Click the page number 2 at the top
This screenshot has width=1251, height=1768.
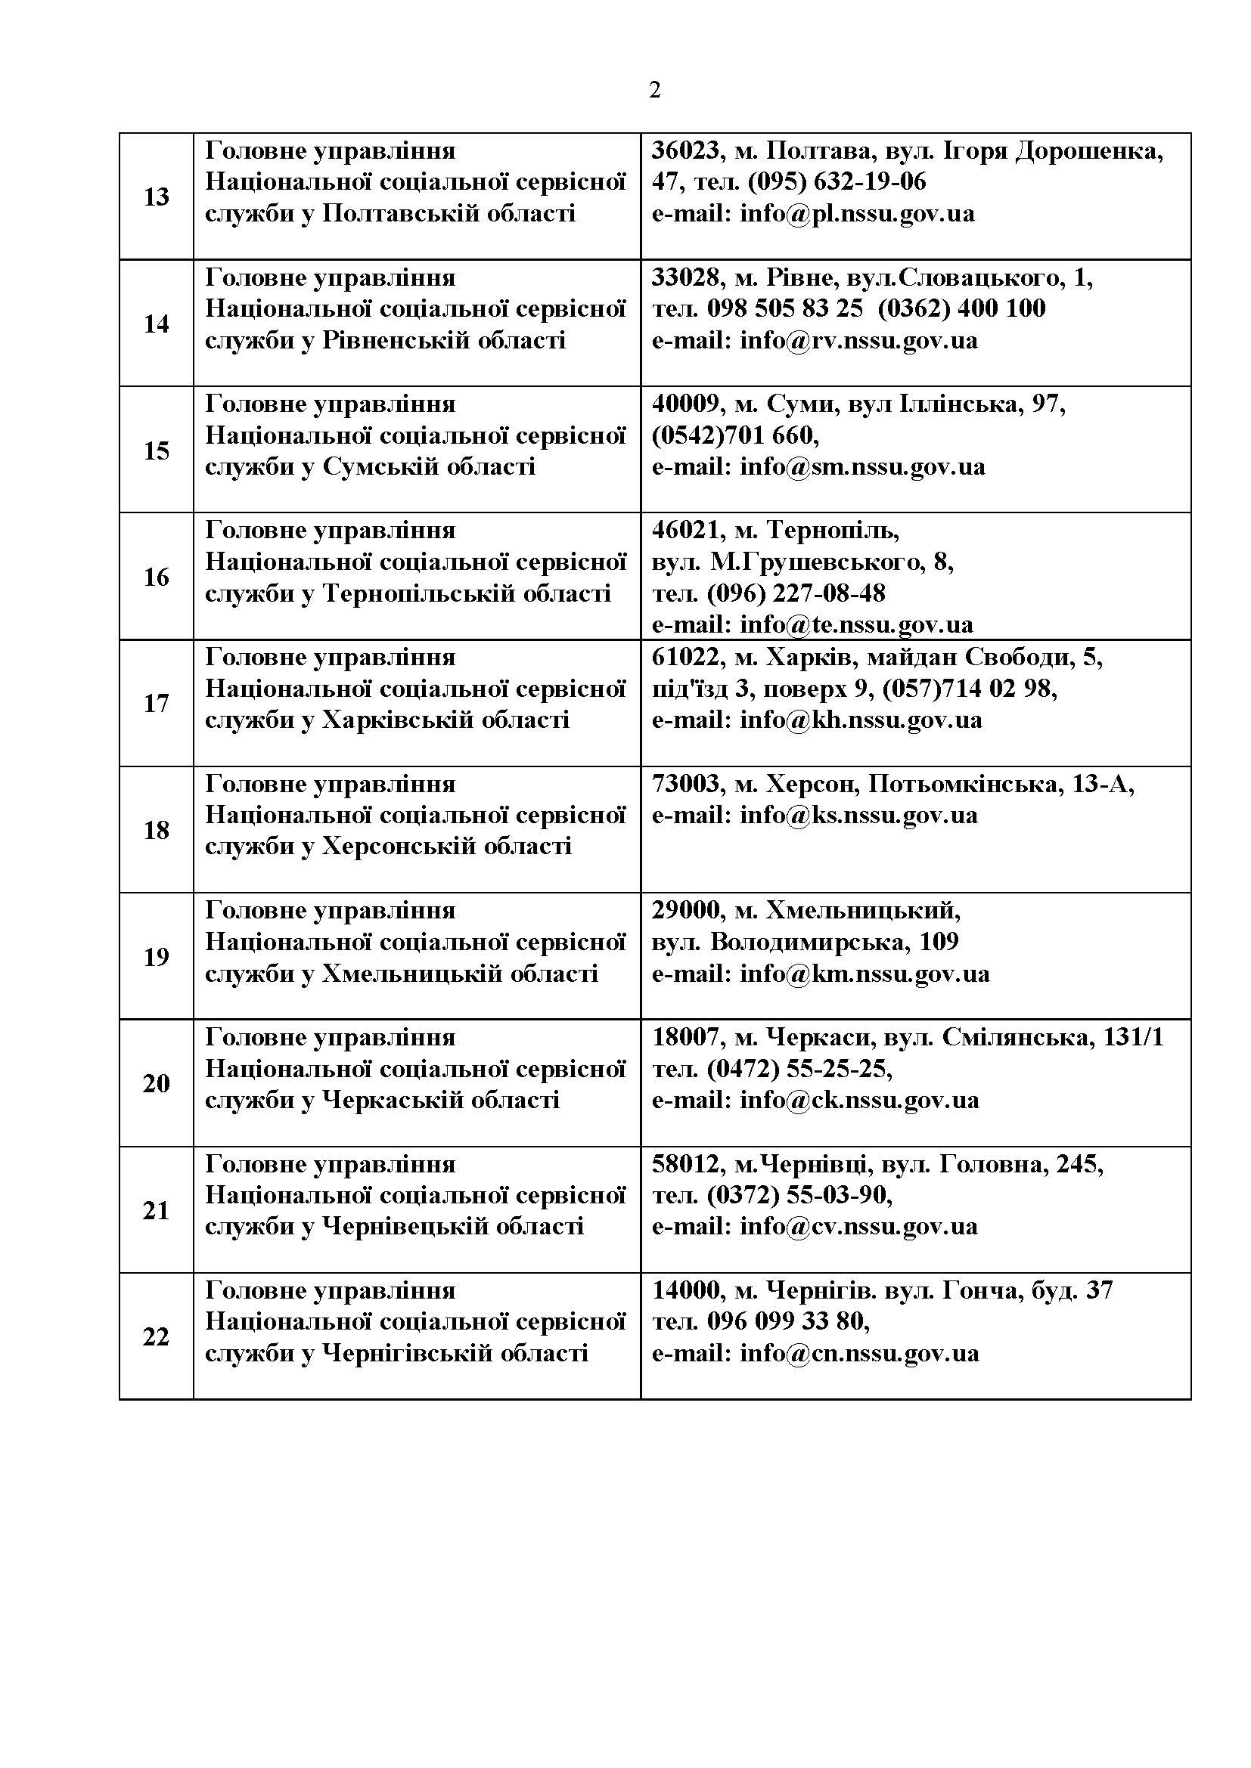[655, 91]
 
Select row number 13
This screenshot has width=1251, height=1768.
[157, 197]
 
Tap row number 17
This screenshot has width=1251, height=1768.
[157, 703]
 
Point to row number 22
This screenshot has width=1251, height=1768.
[157, 1337]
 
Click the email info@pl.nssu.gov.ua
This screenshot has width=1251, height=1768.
[857, 213]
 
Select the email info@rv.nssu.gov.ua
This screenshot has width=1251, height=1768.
[858, 339]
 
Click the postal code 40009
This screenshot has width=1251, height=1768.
[685, 404]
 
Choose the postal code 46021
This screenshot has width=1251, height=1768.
[685, 530]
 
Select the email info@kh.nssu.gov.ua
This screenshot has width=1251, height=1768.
[861, 720]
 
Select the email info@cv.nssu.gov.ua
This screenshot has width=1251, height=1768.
[858, 1226]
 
